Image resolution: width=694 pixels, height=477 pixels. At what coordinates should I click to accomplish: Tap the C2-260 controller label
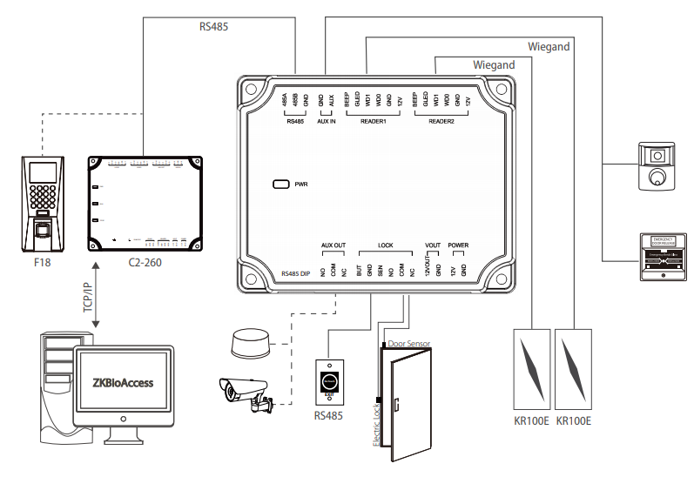tap(144, 261)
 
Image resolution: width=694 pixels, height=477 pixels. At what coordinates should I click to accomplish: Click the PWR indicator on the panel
tap(282, 185)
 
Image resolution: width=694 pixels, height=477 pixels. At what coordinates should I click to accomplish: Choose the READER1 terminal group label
tap(373, 121)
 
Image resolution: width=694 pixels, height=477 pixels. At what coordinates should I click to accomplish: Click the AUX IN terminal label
tap(327, 121)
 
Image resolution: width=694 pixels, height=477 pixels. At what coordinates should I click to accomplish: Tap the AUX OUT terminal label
tap(334, 245)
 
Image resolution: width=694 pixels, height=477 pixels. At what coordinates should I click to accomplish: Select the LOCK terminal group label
tap(386, 245)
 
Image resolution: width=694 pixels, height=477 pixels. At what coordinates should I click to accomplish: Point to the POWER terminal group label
tap(458, 245)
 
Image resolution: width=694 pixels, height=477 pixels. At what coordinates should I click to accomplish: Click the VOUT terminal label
tap(433, 245)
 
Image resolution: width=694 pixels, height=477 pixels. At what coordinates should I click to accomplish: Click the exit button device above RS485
tap(328, 380)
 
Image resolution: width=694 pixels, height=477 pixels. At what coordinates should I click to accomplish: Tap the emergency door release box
tap(662, 259)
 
